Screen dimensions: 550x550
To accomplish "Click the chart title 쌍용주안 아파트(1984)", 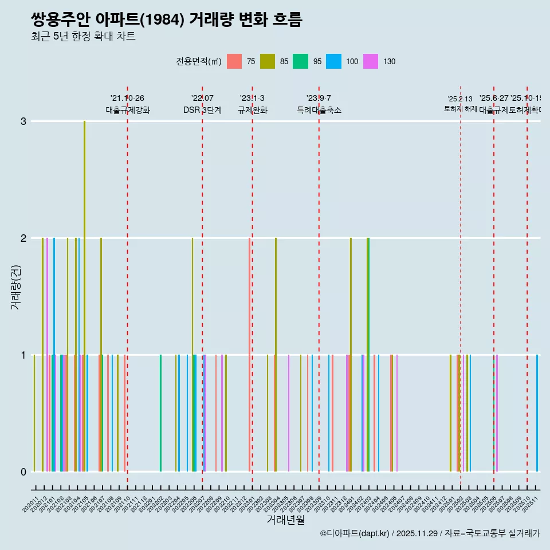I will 166,20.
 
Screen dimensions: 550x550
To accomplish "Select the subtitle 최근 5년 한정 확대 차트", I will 83,37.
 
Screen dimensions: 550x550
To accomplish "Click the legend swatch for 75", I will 234,61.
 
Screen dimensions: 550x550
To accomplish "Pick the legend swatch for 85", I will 268,61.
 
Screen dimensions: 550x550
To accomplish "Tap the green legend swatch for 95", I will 300,61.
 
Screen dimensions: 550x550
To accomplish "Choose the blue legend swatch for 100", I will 333,61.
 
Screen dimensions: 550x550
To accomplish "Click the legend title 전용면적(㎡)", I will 199,61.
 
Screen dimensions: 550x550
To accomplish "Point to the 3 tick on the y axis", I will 23,121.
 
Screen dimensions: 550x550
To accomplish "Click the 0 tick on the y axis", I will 23,472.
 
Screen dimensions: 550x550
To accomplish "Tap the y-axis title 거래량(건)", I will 16,286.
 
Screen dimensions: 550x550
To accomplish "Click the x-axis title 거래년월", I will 285,520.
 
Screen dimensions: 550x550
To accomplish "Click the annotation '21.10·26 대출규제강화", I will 127,104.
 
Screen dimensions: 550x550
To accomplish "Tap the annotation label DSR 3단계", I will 202,110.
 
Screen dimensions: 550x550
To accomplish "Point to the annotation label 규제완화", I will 252,110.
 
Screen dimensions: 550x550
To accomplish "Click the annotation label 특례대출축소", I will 319,110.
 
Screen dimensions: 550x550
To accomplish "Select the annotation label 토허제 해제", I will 460,108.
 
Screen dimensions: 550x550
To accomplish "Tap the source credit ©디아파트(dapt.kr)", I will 355,533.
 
